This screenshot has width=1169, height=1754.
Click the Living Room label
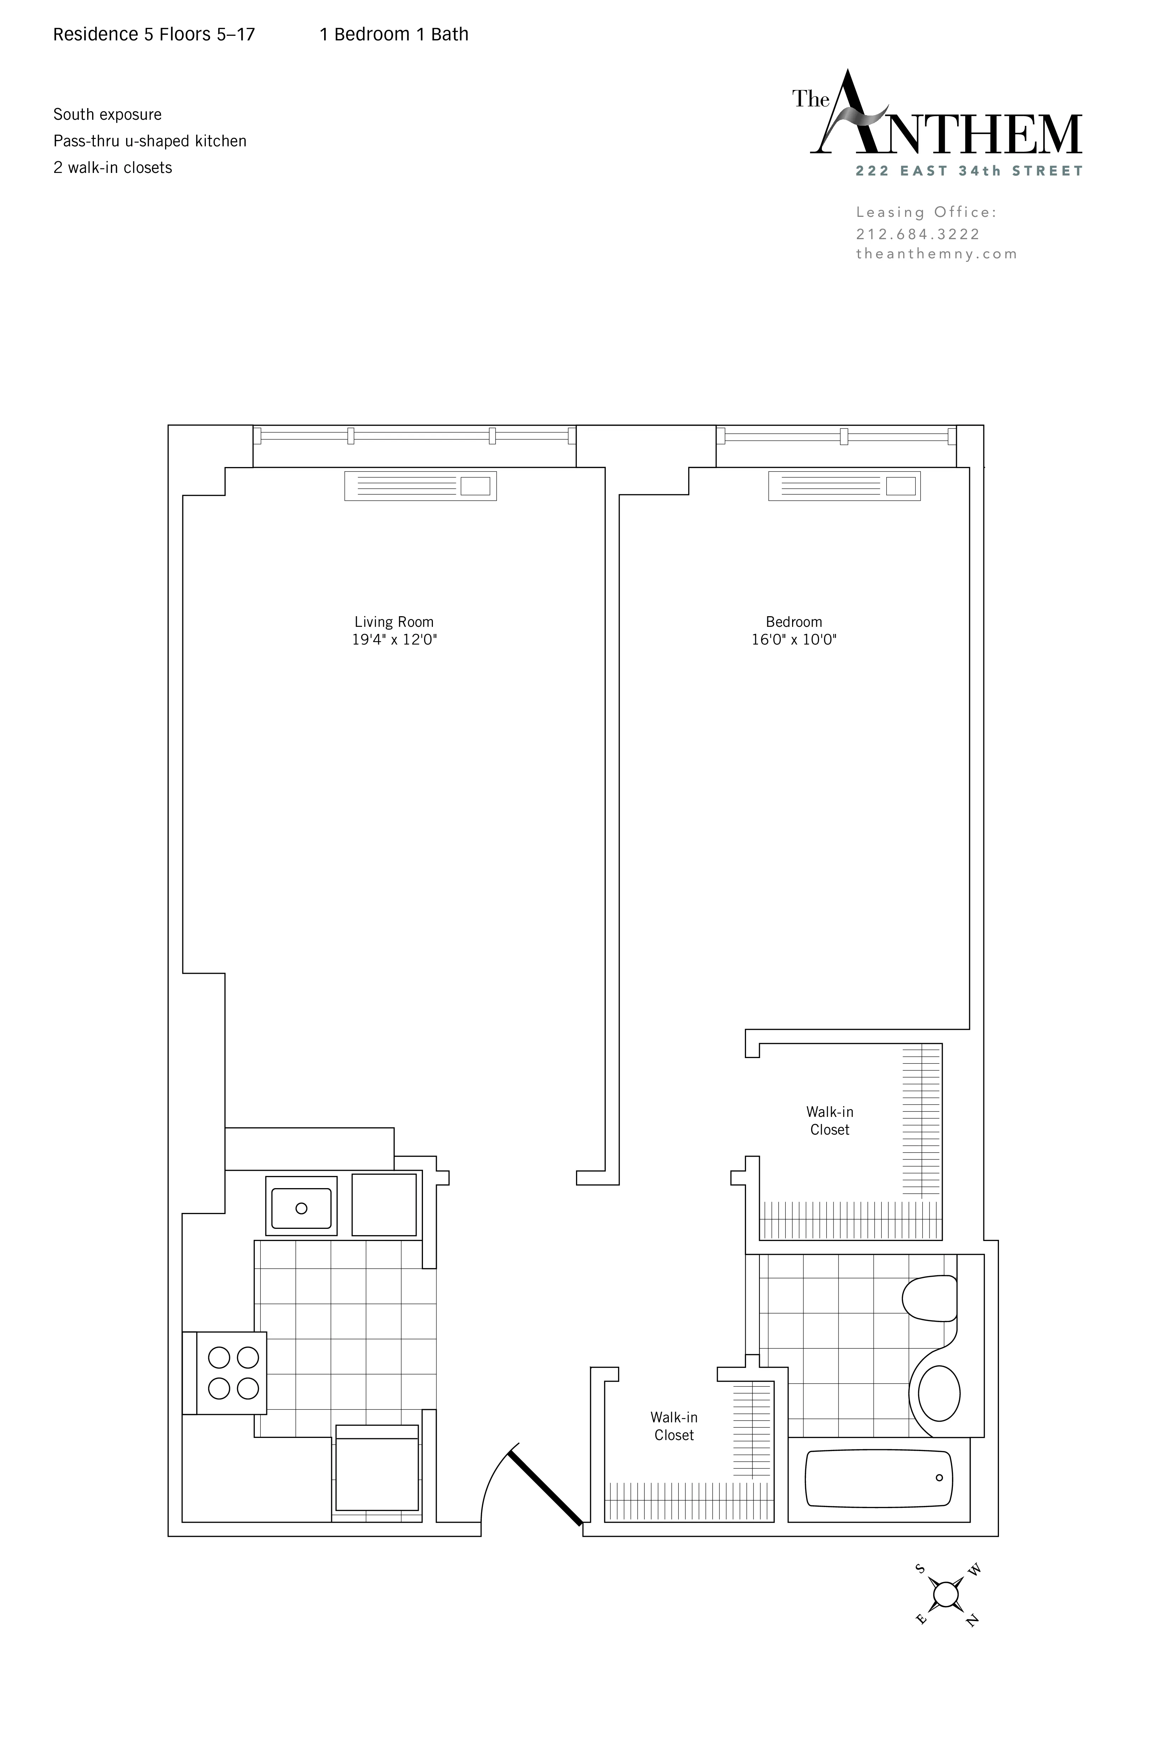tap(394, 622)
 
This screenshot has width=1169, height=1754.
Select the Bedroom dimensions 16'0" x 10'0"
tap(794, 640)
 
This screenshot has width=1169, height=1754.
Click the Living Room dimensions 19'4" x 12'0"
tap(394, 640)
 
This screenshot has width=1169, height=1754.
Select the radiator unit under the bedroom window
tap(844, 486)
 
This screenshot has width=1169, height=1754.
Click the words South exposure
tap(107, 115)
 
